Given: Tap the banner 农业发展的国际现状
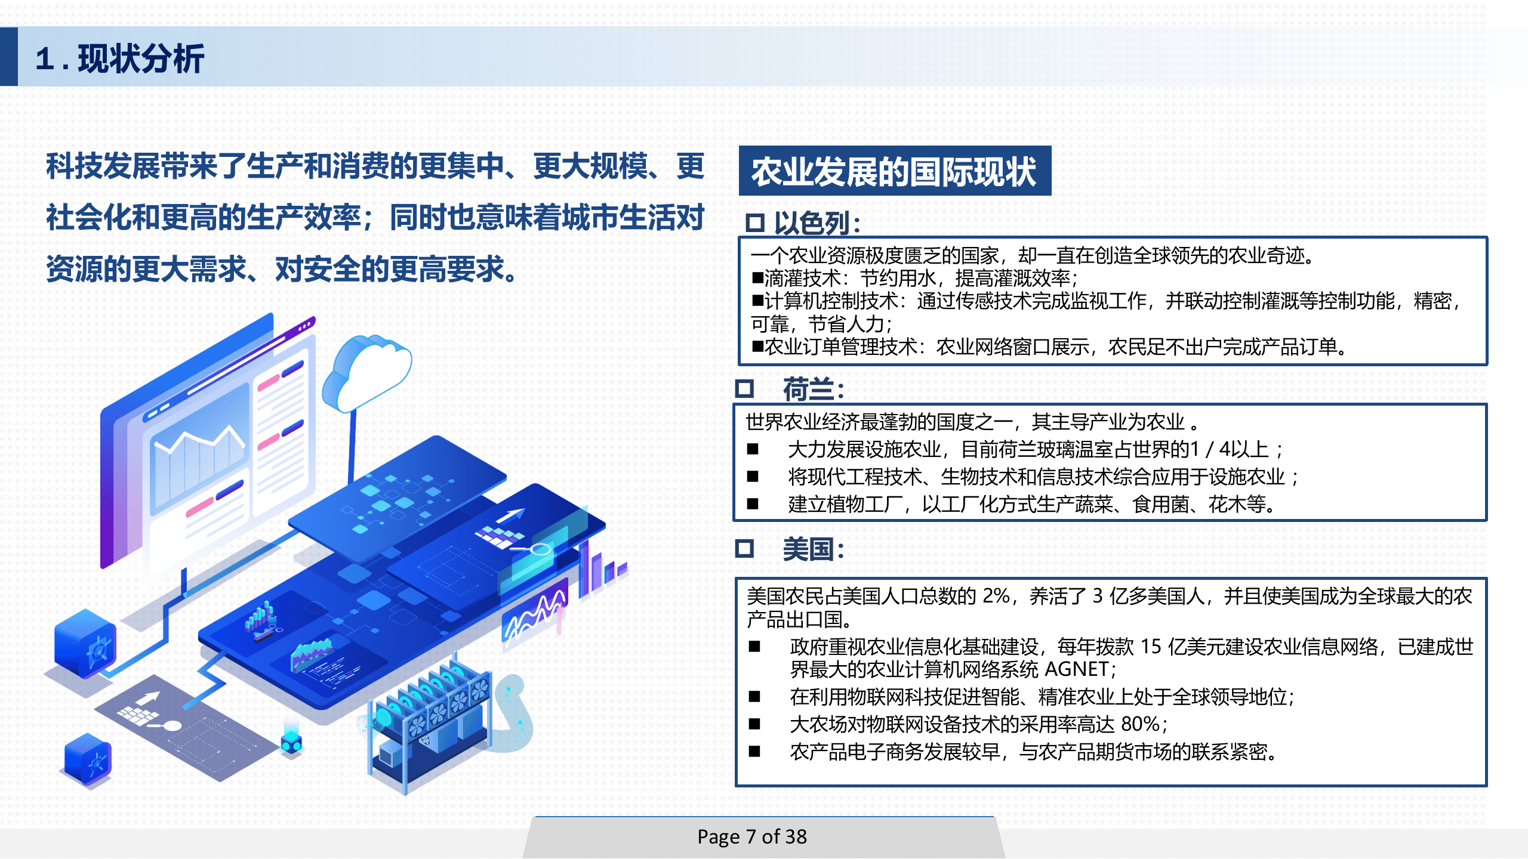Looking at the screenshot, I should pyautogui.click(x=894, y=172).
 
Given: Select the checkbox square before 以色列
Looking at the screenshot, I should pyautogui.click(x=754, y=223).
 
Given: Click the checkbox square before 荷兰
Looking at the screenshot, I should pyautogui.click(x=744, y=389).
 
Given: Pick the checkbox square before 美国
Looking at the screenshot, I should pyautogui.click(x=744, y=548).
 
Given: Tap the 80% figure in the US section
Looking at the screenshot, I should pyautogui.click(x=1140, y=724).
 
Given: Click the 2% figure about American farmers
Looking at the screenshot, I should pyautogui.click(x=996, y=595).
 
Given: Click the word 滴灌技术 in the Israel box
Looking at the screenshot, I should pyautogui.click(x=802, y=278).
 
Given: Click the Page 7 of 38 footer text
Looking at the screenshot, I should pyautogui.click(x=752, y=836).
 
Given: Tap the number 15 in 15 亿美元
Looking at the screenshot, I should pyautogui.click(x=1150, y=647).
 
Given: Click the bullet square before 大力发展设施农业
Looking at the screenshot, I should pyautogui.click(x=753, y=449).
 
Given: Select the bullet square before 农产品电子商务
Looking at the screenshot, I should pyautogui.click(x=754, y=752).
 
